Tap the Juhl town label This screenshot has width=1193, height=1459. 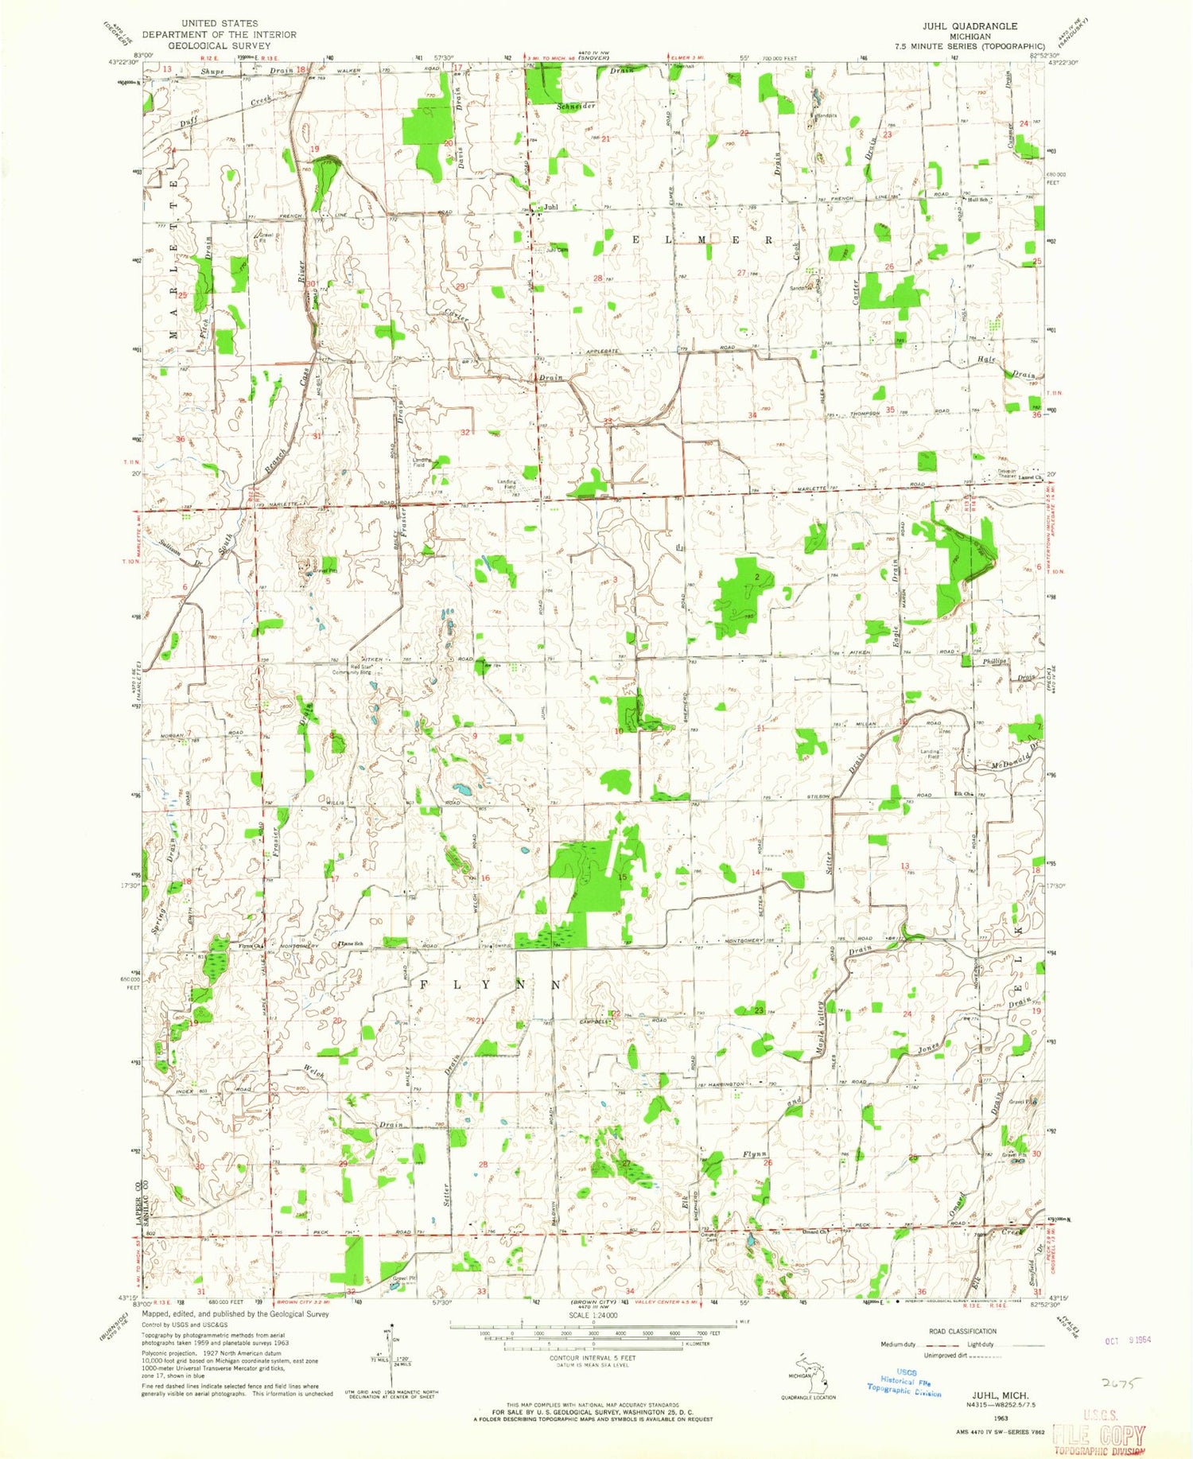(x=550, y=208)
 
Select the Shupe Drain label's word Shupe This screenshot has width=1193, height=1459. (x=213, y=72)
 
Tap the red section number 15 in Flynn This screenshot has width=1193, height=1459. (x=624, y=876)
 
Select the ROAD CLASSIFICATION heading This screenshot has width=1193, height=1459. (x=962, y=1331)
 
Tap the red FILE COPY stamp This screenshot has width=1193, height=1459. (x=1098, y=1437)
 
